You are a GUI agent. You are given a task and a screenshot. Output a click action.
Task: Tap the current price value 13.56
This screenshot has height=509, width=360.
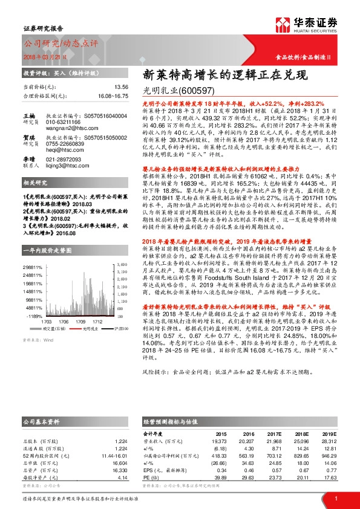[121, 87]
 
